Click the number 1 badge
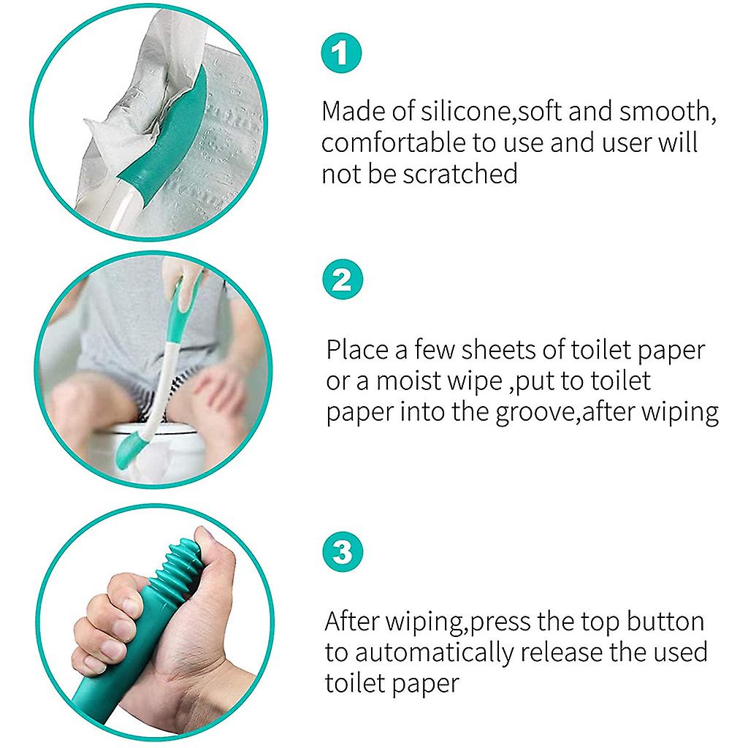pos(342,53)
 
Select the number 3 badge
pos(342,552)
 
